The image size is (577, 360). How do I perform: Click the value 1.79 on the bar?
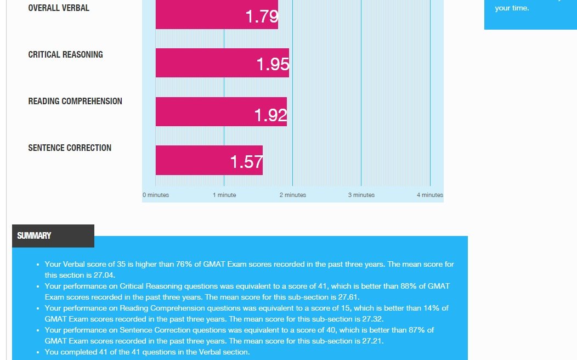point(262,16)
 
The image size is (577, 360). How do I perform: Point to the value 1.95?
point(273,65)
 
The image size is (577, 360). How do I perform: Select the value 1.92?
point(271,115)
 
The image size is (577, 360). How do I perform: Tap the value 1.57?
point(247,162)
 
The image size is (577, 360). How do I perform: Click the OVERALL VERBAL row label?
point(59,8)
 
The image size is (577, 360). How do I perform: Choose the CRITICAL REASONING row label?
point(66,54)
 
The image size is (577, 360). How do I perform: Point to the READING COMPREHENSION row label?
point(75,101)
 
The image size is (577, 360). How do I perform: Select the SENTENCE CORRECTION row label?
point(70,148)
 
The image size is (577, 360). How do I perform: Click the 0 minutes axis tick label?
point(156,195)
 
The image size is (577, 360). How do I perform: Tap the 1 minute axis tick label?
point(224,195)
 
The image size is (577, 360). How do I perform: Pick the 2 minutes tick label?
point(293,195)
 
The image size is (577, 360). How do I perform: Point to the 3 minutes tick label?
point(361,195)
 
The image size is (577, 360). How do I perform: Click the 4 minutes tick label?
point(429,195)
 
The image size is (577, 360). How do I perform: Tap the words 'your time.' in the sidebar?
point(512,8)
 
